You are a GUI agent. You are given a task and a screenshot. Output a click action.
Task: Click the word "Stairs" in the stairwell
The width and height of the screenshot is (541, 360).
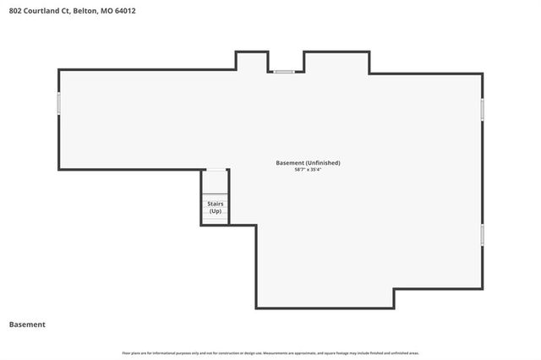coord(215,204)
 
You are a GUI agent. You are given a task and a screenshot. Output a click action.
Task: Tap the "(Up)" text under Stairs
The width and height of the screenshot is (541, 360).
coord(215,211)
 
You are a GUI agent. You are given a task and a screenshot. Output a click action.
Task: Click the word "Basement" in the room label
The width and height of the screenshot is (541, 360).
coord(290,162)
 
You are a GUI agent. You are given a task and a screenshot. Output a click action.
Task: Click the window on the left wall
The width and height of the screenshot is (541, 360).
coord(58,103)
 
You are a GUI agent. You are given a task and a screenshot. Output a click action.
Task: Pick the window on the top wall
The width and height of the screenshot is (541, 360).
coord(283,72)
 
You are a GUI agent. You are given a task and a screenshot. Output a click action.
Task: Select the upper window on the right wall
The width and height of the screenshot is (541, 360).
coord(483,110)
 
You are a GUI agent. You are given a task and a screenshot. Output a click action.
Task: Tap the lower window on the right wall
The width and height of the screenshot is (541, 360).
coord(483,234)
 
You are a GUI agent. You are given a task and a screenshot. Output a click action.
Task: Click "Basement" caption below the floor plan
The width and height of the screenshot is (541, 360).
coord(27,325)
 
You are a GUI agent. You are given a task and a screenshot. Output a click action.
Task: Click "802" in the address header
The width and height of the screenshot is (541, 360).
coord(15,11)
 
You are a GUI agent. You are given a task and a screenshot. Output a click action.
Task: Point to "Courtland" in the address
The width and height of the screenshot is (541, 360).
coord(42,11)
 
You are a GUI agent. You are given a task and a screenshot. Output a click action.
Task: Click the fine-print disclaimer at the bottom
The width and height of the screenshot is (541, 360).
coord(270,352)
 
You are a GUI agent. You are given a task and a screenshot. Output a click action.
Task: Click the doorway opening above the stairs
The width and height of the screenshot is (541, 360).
coord(216,172)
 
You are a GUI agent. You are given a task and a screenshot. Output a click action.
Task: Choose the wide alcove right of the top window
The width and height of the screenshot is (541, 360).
coord(336,62)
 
